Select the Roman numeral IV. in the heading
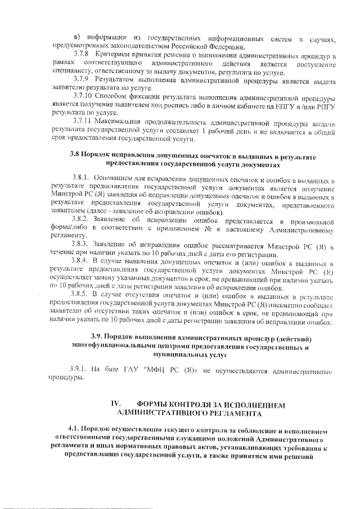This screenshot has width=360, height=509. (x=116, y=405)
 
